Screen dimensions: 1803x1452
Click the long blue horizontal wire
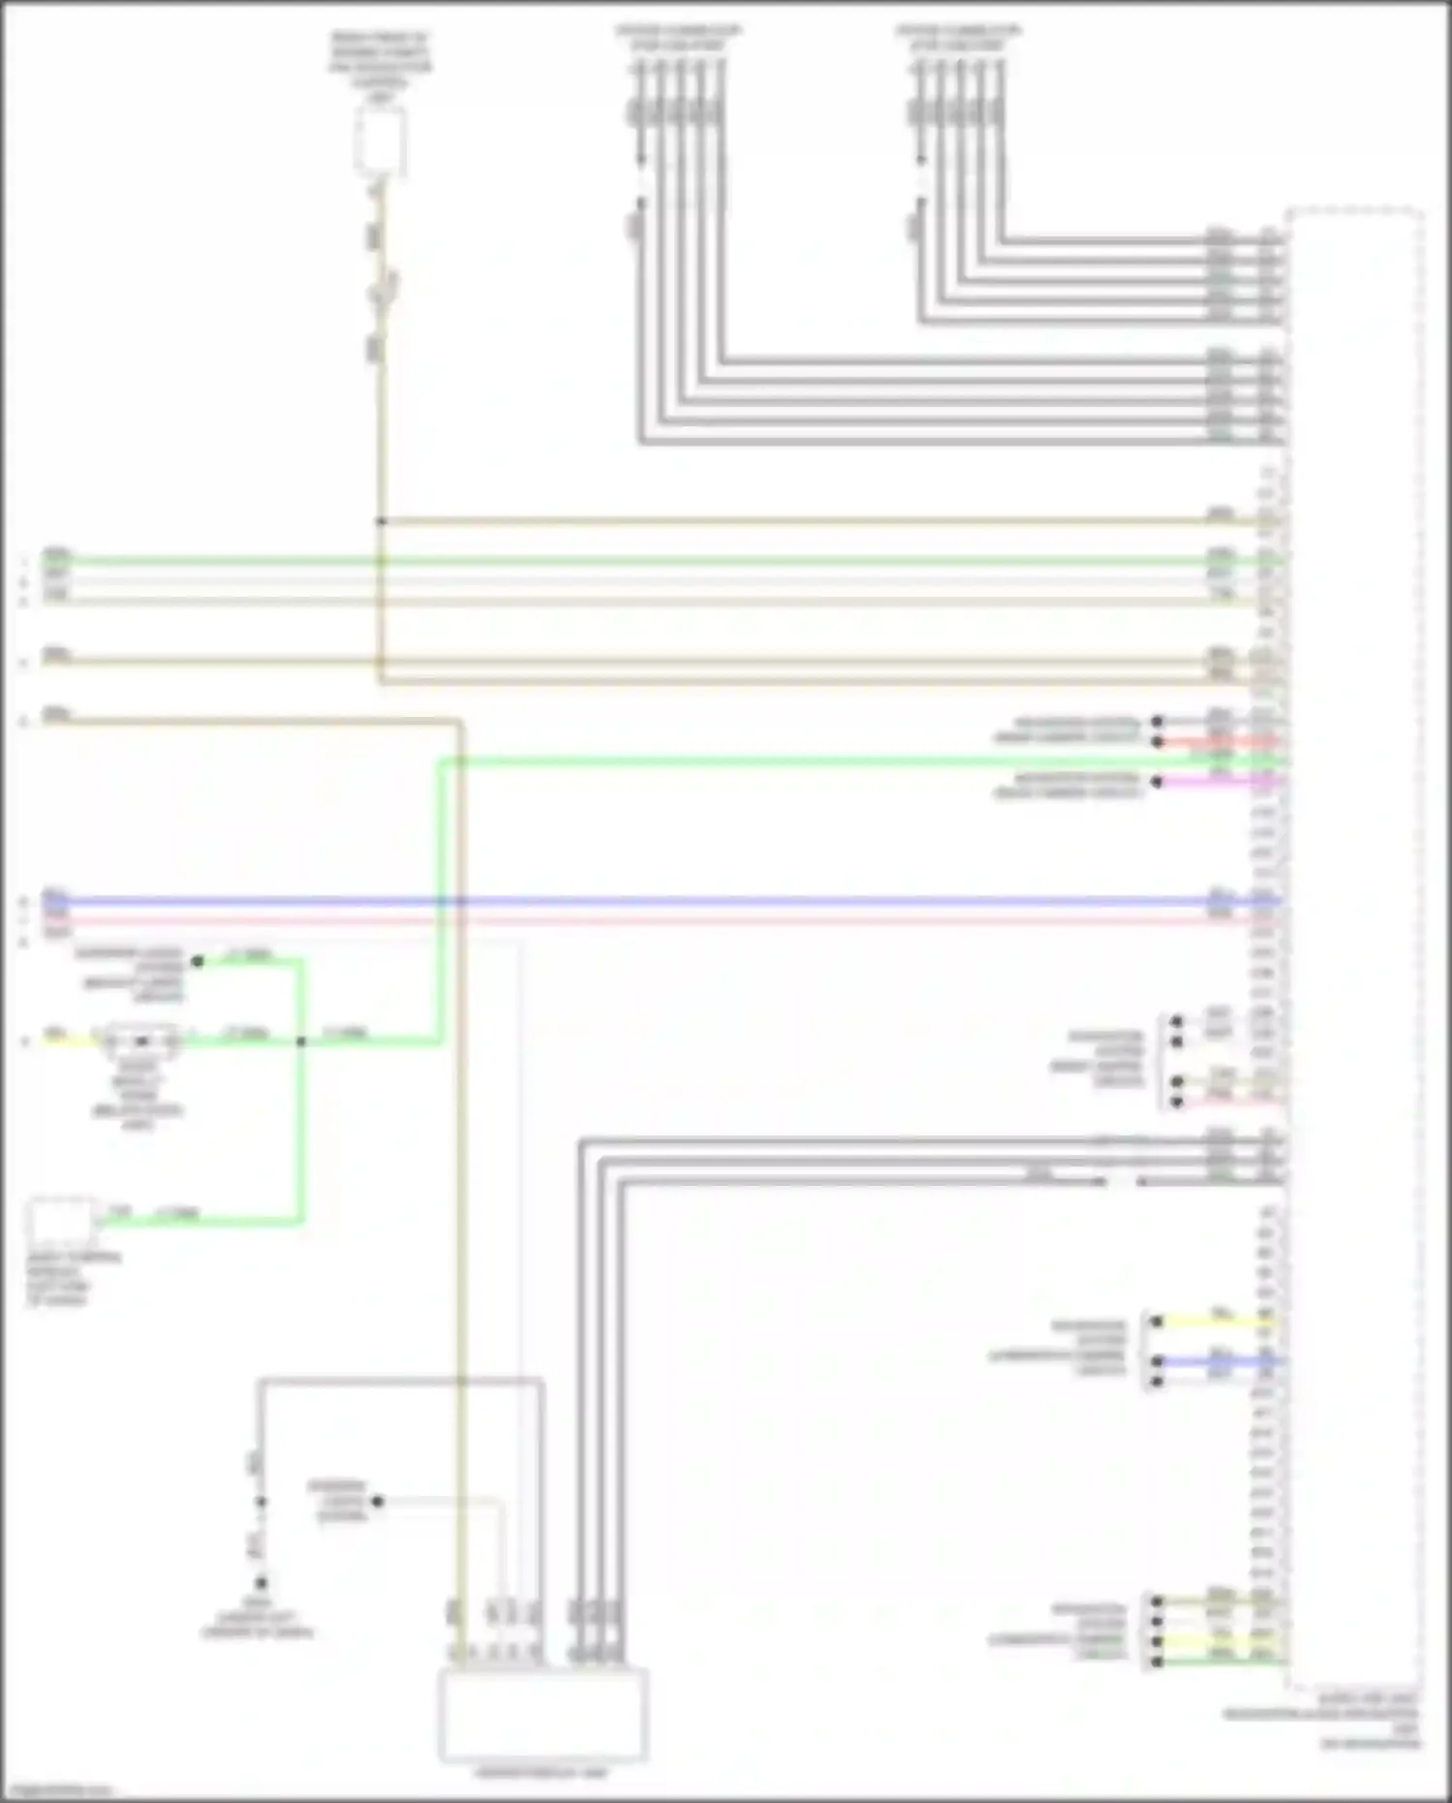click(678, 901)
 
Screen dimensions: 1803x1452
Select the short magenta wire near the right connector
click(1211, 781)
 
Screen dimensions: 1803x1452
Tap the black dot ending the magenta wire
click(1157, 781)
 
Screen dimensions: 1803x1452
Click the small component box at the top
click(380, 141)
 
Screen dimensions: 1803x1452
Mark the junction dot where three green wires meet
click(301, 1041)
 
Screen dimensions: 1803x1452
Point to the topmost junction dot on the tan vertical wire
click(381, 521)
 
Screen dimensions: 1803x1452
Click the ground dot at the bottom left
click(261, 1583)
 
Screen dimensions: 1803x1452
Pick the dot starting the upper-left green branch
click(198, 961)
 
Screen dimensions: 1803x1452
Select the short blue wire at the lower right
click(1211, 1361)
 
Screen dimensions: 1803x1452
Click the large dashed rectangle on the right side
click(1356, 949)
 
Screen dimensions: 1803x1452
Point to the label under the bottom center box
click(542, 1773)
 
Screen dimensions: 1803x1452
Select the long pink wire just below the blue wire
click(678, 920)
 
